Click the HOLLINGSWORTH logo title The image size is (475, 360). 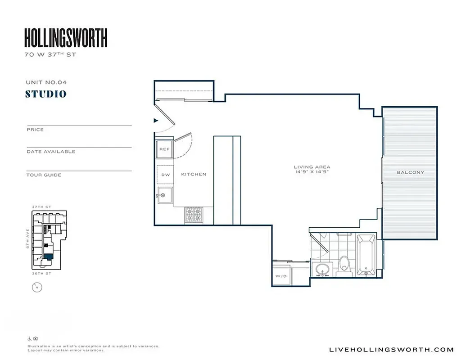66,38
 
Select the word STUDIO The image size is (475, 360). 46,94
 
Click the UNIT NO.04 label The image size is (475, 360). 46,82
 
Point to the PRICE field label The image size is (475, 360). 35,130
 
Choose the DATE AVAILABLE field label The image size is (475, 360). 51,152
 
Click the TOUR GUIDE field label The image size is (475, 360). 44,175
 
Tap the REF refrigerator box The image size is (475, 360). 164,149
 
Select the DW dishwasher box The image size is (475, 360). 165,175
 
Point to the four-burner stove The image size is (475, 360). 193,215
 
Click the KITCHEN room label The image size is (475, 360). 194,174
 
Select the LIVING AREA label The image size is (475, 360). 312,167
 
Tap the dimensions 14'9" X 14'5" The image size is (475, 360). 312,172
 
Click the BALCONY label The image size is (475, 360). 410,172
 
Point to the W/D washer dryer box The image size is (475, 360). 280,276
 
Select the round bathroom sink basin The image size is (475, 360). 322,270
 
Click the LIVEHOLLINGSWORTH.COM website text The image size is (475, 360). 392,350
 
